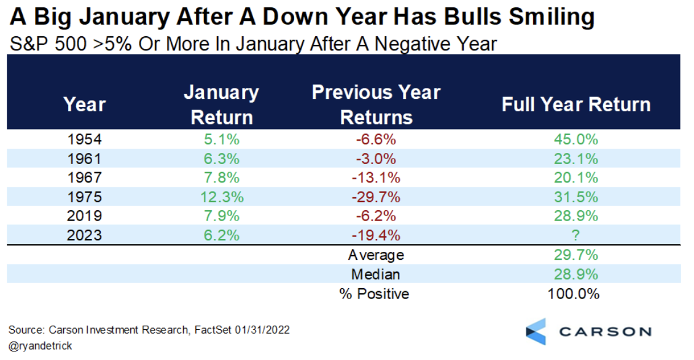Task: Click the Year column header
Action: coord(85,104)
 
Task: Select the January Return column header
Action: coord(221,105)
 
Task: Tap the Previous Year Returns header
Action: coord(376,104)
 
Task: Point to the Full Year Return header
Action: coord(575,104)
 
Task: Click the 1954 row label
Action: coord(85,139)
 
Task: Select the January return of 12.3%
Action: coord(221,197)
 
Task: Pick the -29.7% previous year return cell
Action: coord(376,197)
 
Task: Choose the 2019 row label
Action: coord(85,216)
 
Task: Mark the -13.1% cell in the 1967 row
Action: coord(376,178)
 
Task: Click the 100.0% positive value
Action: coord(573,294)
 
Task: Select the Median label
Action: coord(376,275)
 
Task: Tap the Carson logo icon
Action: coord(536,331)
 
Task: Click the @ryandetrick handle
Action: coord(41,346)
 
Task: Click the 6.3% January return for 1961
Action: coord(221,159)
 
